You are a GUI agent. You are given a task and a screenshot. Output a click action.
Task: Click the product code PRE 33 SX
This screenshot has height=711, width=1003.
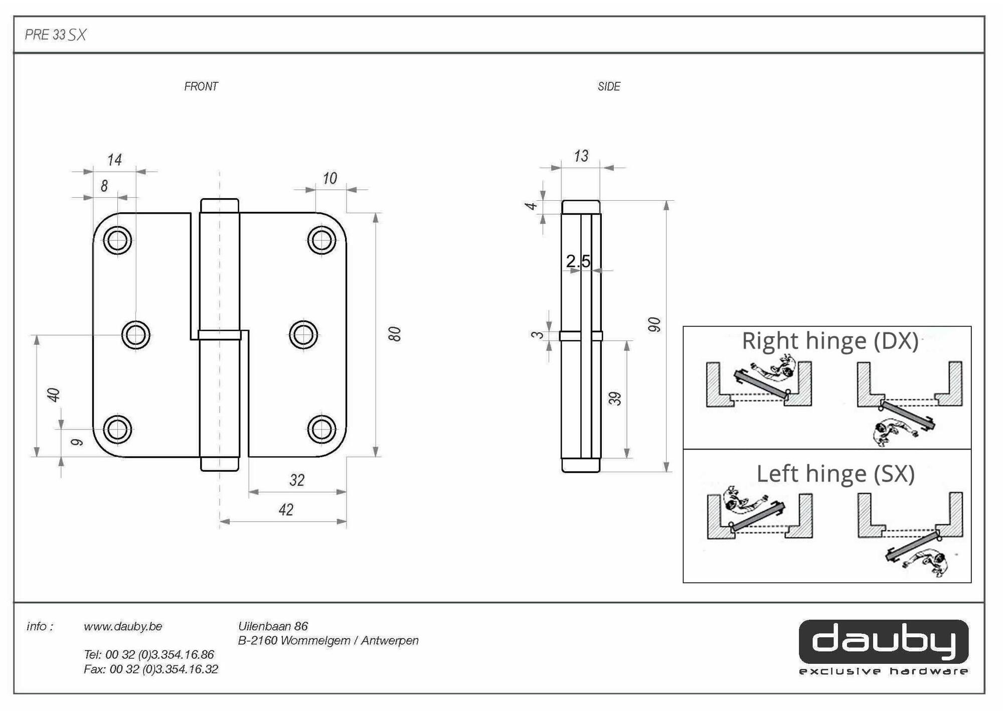coord(56,35)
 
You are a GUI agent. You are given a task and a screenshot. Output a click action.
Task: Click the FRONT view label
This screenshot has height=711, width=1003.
coord(201,86)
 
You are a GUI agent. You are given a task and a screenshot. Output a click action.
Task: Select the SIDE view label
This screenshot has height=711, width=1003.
coord(609,86)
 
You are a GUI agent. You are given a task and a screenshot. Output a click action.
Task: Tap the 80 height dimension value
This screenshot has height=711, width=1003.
coord(395,334)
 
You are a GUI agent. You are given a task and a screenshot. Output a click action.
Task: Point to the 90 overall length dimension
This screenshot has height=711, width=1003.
coord(654,324)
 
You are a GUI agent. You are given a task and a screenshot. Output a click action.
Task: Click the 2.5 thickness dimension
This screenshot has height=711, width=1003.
coord(578,261)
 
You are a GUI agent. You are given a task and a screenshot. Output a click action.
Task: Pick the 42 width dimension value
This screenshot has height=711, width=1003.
coord(286,510)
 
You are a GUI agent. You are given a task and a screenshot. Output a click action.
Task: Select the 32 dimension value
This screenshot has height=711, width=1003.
coord(297,480)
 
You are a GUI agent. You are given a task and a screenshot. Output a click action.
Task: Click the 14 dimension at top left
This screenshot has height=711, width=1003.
coord(114,160)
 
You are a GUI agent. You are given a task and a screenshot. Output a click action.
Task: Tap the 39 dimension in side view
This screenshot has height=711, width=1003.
coord(615,398)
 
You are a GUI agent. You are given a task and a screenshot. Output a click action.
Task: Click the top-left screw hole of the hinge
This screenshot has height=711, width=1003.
coord(117,240)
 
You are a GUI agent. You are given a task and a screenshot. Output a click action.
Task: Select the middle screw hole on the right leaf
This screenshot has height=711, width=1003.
coord(303,335)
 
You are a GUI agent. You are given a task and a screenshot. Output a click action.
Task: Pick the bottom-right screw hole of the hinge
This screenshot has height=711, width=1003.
coord(321,430)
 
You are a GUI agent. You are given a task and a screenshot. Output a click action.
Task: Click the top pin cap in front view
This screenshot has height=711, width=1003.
coord(220,205)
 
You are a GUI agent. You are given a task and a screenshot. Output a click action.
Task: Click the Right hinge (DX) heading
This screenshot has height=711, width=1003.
coord(830,341)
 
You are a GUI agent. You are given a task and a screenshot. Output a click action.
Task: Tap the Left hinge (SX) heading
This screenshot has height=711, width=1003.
coord(835,474)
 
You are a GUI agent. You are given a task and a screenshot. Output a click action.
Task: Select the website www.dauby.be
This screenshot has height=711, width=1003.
coord(123,626)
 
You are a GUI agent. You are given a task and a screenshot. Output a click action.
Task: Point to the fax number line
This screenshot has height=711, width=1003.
coord(151,669)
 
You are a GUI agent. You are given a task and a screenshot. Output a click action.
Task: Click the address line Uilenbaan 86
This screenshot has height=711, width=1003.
coord(273,626)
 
